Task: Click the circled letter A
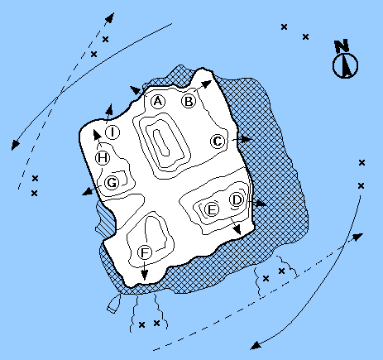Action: click(x=158, y=101)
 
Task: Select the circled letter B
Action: click(x=189, y=101)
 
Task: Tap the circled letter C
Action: click(x=218, y=142)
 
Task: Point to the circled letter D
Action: click(x=237, y=199)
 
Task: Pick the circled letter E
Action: click(x=212, y=209)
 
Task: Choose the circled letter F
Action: click(x=145, y=252)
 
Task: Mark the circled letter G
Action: click(x=112, y=183)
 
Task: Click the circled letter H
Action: click(x=103, y=158)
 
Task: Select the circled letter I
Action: click(x=113, y=132)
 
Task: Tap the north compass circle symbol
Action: click(x=345, y=66)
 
